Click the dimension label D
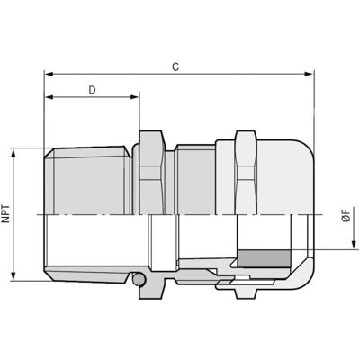pyautogui.click(x=92, y=89)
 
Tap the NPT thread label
pyautogui.click(x=8, y=216)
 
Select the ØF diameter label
pyautogui.click(x=346, y=215)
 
